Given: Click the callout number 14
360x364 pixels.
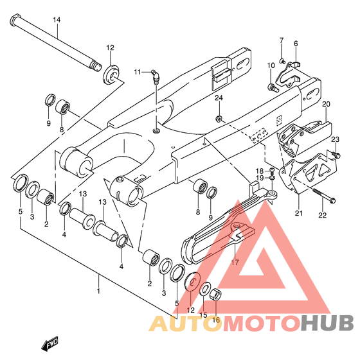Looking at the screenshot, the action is [x=57, y=20].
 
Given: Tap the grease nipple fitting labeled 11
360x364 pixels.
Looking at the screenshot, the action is [x=155, y=76].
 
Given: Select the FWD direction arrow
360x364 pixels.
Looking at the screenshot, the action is [x=50, y=343].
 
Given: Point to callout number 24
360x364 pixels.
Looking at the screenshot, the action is [x=219, y=98].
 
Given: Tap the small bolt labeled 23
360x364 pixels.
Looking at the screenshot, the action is [x=336, y=154].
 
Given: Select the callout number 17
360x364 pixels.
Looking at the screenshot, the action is [x=235, y=263].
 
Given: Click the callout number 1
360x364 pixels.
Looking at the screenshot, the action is [x=98, y=291].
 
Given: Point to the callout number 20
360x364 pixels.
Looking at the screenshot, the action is [x=326, y=104].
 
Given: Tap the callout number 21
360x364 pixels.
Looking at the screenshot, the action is [x=299, y=212].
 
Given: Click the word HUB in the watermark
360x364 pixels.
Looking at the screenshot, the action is [x=327, y=322].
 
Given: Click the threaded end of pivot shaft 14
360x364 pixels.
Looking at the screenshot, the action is [x=96, y=65].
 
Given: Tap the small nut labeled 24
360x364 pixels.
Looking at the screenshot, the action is [x=219, y=119].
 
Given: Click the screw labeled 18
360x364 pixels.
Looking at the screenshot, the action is [x=271, y=171].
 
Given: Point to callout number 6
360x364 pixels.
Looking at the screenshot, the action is [x=296, y=44].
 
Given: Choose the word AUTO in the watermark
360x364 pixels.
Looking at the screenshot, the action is [x=184, y=323].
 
